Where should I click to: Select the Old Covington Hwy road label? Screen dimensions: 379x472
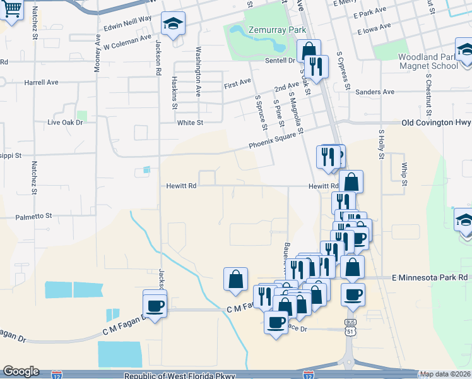pos(436,123)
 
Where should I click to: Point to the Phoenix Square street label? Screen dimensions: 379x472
pos(272,144)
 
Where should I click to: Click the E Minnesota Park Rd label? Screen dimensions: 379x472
pos(429,277)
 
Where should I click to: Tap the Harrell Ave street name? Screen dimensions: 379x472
pos(41,82)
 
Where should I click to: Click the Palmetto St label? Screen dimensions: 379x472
pos(34,216)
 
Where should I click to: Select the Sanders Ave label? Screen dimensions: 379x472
pos(375,92)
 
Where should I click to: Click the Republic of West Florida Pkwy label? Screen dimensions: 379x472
pos(180,375)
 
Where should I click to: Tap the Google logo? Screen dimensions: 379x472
pos(21,371)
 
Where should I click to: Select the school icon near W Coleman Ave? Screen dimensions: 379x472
pos(173,24)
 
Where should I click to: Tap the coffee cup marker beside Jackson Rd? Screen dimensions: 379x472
pos(155,305)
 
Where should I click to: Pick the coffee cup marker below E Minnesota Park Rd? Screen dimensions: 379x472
pos(353,294)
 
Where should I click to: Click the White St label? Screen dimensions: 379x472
pos(190,123)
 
